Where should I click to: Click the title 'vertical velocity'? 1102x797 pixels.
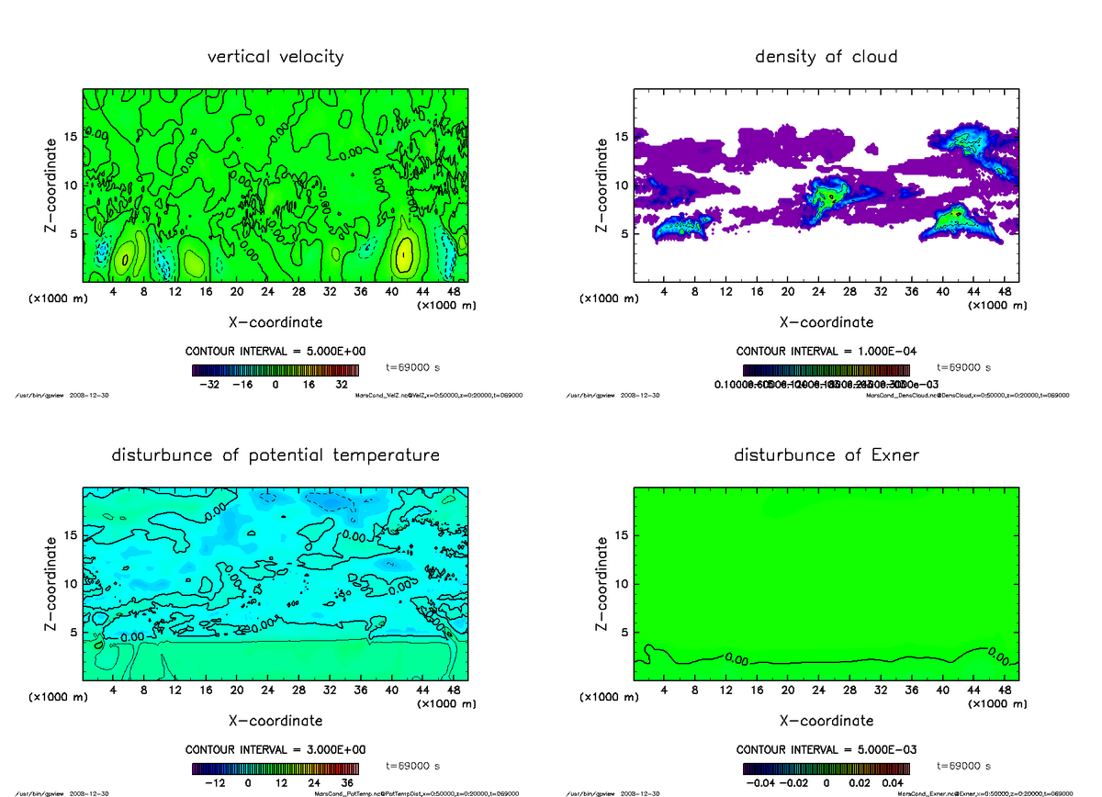click(x=275, y=57)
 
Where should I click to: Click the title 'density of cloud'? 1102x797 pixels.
click(x=826, y=57)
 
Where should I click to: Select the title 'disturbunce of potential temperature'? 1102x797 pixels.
click(x=275, y=455)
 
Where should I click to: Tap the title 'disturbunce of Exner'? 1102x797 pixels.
click(x=826, y=455)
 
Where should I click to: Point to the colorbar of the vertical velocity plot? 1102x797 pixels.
click(x=275, y=371)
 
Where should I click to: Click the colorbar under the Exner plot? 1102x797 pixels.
click(x=826, y=769)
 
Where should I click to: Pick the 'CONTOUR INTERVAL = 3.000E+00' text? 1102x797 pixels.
click(x=275, y=749)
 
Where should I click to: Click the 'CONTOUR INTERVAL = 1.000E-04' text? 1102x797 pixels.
click(x=826, y=351)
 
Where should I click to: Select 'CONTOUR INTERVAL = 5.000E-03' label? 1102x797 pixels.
click(x=826, y=749)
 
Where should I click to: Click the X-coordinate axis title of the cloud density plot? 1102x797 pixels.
click(x=826, y=322)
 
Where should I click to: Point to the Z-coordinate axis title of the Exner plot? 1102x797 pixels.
click(x=602, y=583)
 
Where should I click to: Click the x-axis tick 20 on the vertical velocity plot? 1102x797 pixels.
click(x=237, y=292)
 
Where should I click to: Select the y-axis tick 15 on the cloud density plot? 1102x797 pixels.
click(x=622, y=137)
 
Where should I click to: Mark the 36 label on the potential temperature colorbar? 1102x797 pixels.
click(x=347, y=783)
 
